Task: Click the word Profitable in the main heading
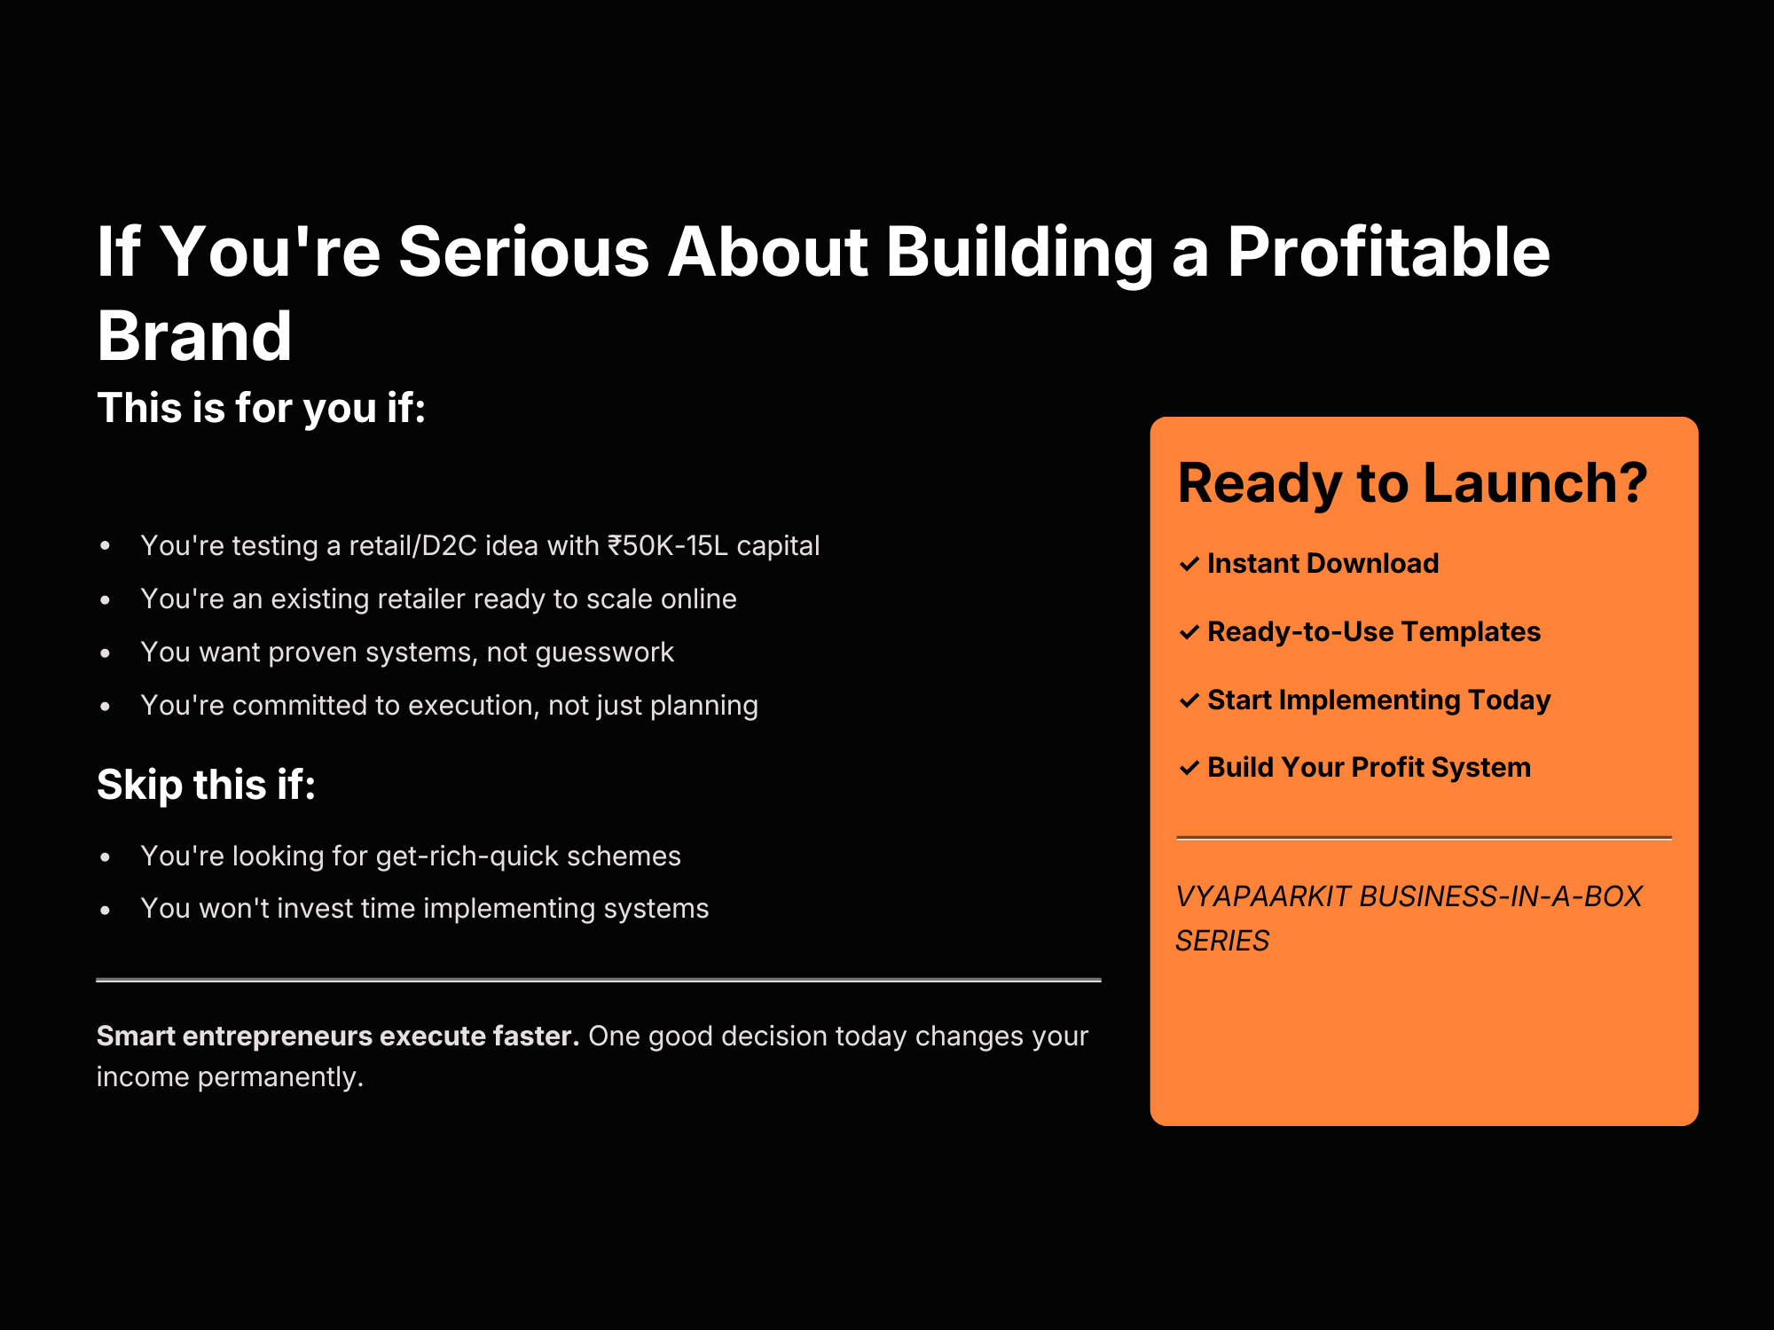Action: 1388,252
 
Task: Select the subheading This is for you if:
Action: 262,408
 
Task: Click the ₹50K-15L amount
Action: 668,545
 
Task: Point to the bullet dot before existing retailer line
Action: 106,600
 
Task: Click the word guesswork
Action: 605,653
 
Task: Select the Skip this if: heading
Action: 207,785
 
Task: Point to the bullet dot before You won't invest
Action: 106,910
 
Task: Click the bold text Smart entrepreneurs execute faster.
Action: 338,1036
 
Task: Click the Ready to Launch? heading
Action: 1412,483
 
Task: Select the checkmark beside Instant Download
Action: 1189,564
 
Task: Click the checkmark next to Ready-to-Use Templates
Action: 1189,632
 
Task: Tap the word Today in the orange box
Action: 1510,700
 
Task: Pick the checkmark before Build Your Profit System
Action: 1189,768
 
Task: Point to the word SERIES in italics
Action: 1222,941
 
